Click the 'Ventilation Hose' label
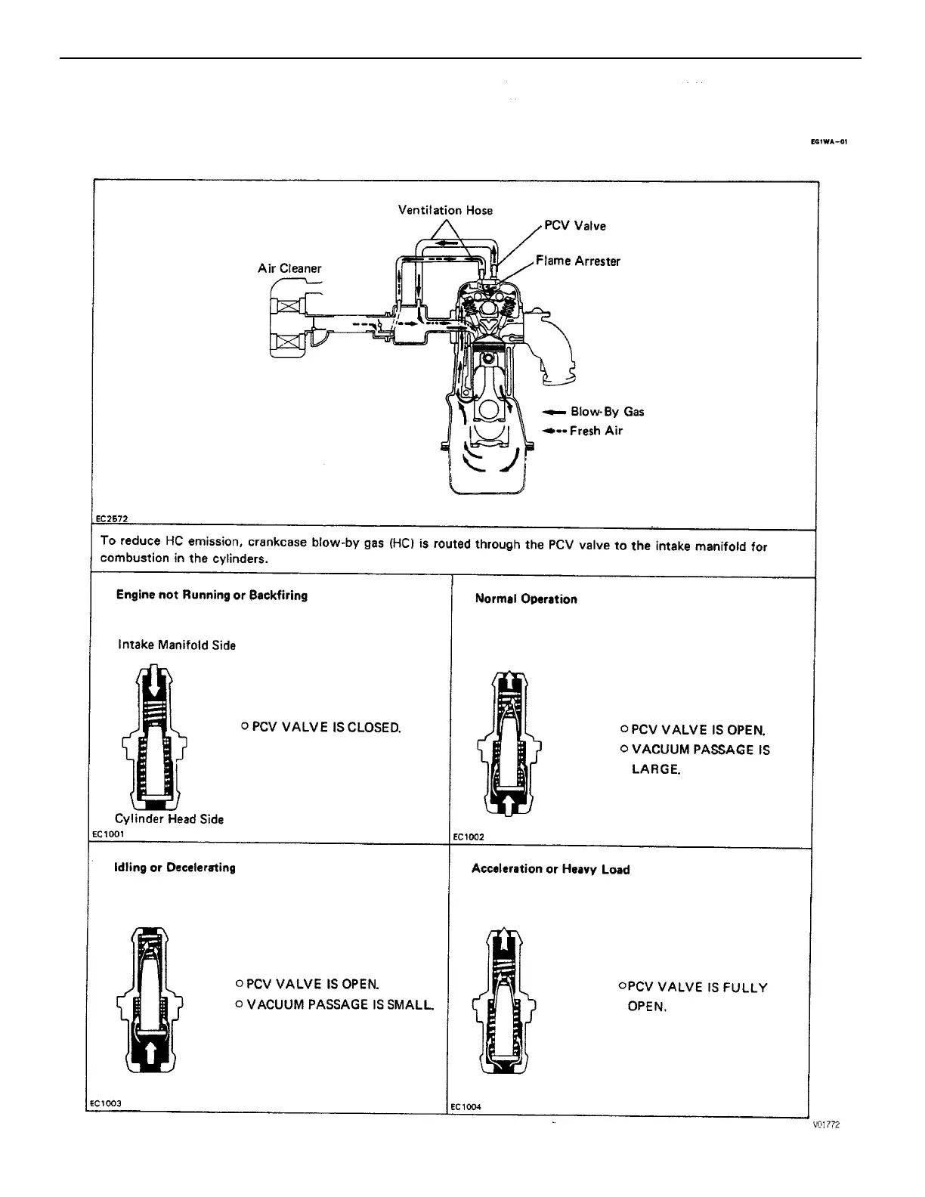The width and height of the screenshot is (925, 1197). (x=445, y=210)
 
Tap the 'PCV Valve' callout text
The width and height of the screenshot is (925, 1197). (x=574, y=226)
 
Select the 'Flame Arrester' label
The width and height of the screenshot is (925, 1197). (x=577, y=261)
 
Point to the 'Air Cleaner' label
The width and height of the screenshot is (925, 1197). (x=289, y=268)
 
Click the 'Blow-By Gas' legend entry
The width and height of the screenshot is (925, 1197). (x=607, y=412)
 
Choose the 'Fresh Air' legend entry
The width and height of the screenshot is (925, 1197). (x=596, y=431)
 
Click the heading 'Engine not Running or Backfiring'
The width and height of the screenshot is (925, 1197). (x=212, y=595)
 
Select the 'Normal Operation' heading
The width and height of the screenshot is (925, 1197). (x=526, y=599)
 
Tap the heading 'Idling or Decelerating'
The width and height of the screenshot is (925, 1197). (x=175, y=868)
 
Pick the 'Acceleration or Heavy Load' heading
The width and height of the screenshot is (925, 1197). (x=550, y=869)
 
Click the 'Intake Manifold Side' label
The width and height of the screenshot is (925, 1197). (x=177, y=645)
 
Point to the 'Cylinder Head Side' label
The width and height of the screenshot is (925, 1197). (x=169, y=819)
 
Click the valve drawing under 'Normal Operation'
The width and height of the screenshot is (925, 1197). (x=511, y=742)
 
